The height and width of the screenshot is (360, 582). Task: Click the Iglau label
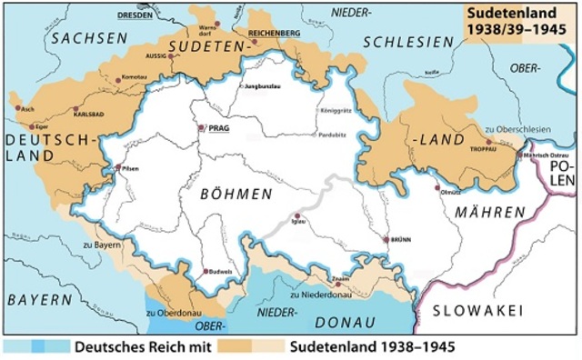pyautogui.click(x=297, y=223)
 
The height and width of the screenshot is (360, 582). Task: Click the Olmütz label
pyautogui.click(x=447, y=192)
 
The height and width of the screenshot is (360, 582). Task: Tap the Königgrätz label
pyautogui.click(x=336, y=109)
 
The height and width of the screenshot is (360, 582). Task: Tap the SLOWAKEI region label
pyautogui.click(x=477, y=311)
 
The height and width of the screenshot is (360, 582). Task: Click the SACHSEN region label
pyautogui.click(x=89, y=37)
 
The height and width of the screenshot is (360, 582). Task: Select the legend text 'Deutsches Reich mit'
pyautogui.click(x=143, y=346)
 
